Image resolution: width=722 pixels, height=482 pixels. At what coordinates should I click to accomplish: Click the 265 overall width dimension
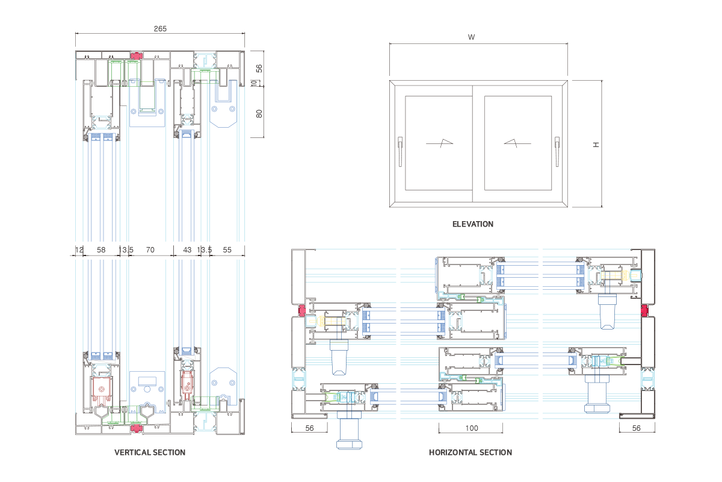coord(159,28)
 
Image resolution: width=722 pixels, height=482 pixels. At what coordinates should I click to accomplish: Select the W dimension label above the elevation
coord(472,37)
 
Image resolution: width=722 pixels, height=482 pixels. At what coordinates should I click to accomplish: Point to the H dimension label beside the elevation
coord(596,145)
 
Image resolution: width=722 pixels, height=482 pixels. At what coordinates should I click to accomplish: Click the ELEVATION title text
coord(472,224)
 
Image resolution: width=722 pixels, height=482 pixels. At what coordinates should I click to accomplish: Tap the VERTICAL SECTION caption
coord(150,452)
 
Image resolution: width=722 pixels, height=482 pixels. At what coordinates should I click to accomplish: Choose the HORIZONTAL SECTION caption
coord(470,452)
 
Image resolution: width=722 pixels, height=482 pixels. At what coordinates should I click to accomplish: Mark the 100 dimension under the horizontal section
coord(471,428)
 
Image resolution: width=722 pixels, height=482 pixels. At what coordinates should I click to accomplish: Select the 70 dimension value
coord(150,249)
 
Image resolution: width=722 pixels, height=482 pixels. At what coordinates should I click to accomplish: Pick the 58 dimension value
coord(101,249)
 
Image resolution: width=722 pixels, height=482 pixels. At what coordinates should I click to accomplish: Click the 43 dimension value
coord(187,249)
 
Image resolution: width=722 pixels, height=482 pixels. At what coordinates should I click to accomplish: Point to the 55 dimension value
coord(227,249)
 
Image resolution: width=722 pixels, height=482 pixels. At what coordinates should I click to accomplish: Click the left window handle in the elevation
coord(400,151)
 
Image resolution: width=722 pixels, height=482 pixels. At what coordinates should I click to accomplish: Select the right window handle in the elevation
coord(557,151)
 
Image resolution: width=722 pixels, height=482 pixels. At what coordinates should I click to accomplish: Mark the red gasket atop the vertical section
coord(137,55)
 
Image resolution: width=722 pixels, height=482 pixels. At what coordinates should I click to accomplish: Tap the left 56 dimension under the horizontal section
coord(309,428)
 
